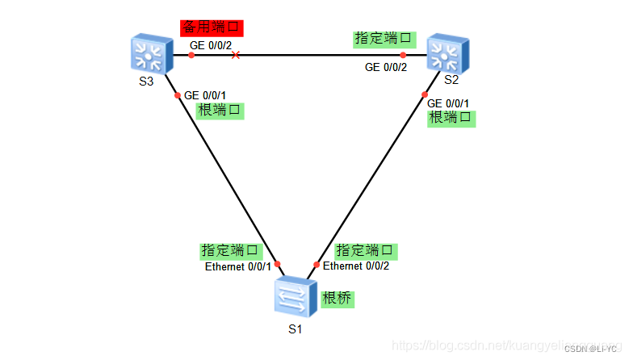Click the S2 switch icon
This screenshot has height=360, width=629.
tap(445, 54)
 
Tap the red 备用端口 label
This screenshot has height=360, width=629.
tap(211, 28)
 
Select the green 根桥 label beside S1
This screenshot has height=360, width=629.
tap(338, 299)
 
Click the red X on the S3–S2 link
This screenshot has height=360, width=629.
tap(235, 56)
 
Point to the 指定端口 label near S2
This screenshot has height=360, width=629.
tap(384, 38)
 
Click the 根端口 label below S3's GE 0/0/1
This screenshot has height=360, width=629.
tap(220, 111)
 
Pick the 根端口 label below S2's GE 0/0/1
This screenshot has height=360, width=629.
tap(451, 118)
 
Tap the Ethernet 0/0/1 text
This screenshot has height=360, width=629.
tap(237, 267)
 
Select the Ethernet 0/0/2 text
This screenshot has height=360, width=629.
tap(356, 266)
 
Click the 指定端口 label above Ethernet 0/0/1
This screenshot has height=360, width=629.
tap(231, 251)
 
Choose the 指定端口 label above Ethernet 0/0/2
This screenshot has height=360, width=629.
tap(366, 250)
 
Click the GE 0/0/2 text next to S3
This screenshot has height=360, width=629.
tap(212, 45)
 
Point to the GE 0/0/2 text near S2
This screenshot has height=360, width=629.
tap(386, 67)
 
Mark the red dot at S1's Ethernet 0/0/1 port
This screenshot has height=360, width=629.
tap(277, 264)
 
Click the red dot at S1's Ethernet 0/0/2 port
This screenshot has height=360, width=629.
tap(317, 264)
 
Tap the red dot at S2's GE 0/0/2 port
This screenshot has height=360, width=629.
tap(402, 56)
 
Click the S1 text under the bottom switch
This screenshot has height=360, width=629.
tap(295, 329)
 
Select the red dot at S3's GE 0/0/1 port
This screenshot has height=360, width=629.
tap(178, 95)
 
